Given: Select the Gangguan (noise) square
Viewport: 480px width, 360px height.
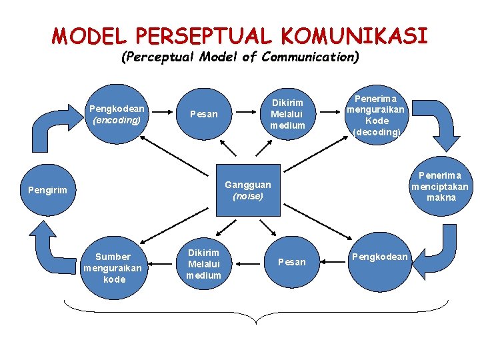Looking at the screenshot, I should coord(248,189).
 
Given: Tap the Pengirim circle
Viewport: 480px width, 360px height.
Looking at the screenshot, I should coord(47,190).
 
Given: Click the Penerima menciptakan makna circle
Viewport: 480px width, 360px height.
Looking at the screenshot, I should coord(439,187).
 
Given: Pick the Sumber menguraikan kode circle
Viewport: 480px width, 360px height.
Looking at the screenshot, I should coord(113,267).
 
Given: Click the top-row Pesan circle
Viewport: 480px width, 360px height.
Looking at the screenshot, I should coord(203,114).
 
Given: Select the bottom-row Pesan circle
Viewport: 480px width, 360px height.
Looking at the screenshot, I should coord(291,262).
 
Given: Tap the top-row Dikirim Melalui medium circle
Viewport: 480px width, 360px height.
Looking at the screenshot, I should coord(287,114).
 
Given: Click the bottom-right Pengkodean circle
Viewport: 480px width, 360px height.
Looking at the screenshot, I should coord(379,257).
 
